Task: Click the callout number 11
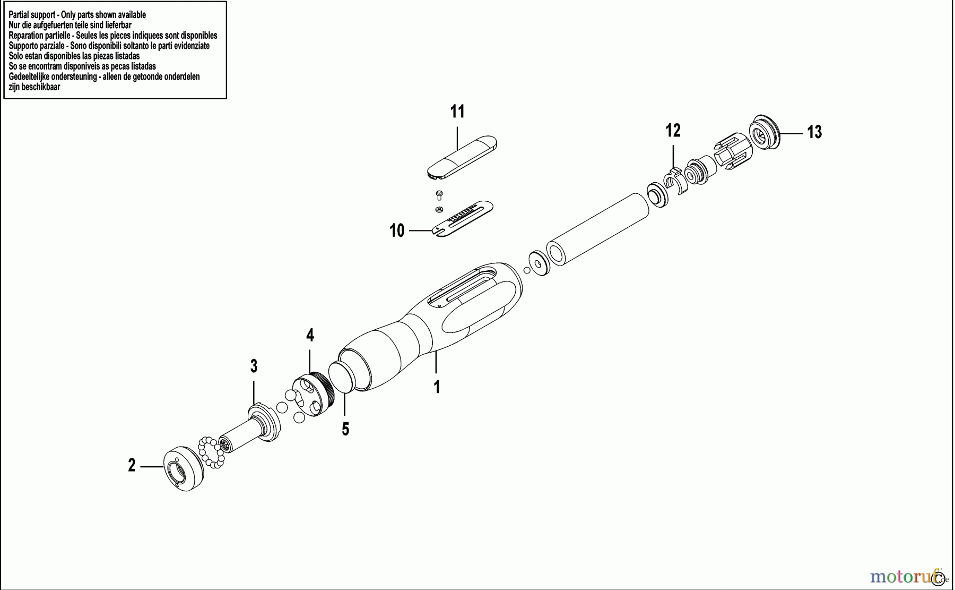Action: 457,112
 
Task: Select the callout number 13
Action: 814,132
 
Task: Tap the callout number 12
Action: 673,130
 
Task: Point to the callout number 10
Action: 397,230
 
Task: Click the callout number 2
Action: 132,466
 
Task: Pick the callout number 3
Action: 254,366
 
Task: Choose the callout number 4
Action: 310,335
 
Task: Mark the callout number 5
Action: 345,429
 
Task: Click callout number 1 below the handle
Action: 437,387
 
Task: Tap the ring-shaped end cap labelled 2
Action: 184,471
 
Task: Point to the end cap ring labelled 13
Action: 763,132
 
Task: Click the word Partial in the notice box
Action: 20,15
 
